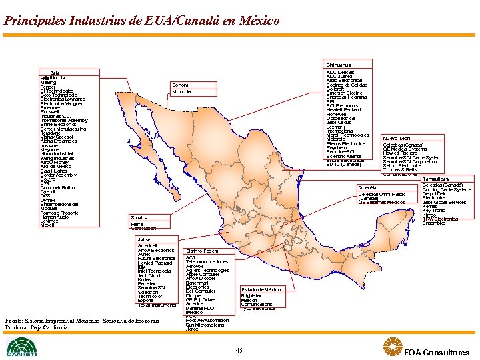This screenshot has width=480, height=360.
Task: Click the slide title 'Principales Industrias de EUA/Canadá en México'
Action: [x=141, y=21]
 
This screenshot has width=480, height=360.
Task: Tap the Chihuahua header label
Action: [x=338, y=65]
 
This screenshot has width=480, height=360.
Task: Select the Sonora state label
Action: [x=180, y=85]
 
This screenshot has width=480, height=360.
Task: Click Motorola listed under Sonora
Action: [x=181, y=91]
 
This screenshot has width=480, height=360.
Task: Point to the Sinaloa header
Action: [x=139, y=217]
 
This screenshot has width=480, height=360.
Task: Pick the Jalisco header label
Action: [x=145, y=239]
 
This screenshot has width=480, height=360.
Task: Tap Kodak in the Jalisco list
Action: [x=145, y=279]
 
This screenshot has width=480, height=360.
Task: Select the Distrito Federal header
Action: [x=203, y=251]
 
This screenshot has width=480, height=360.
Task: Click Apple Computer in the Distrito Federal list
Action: [x=203, y=274]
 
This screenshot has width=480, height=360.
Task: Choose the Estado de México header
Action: [x=261, y=289]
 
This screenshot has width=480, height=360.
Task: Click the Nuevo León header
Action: [x=396, y=138]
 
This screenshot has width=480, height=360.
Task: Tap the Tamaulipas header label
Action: [x=435, y=179]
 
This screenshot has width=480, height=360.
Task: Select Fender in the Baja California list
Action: [x=48, y=87]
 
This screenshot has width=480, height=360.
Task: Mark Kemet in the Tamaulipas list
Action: [x=429, y=206]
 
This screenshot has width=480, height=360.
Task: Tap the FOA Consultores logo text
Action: [x=436, y=352]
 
